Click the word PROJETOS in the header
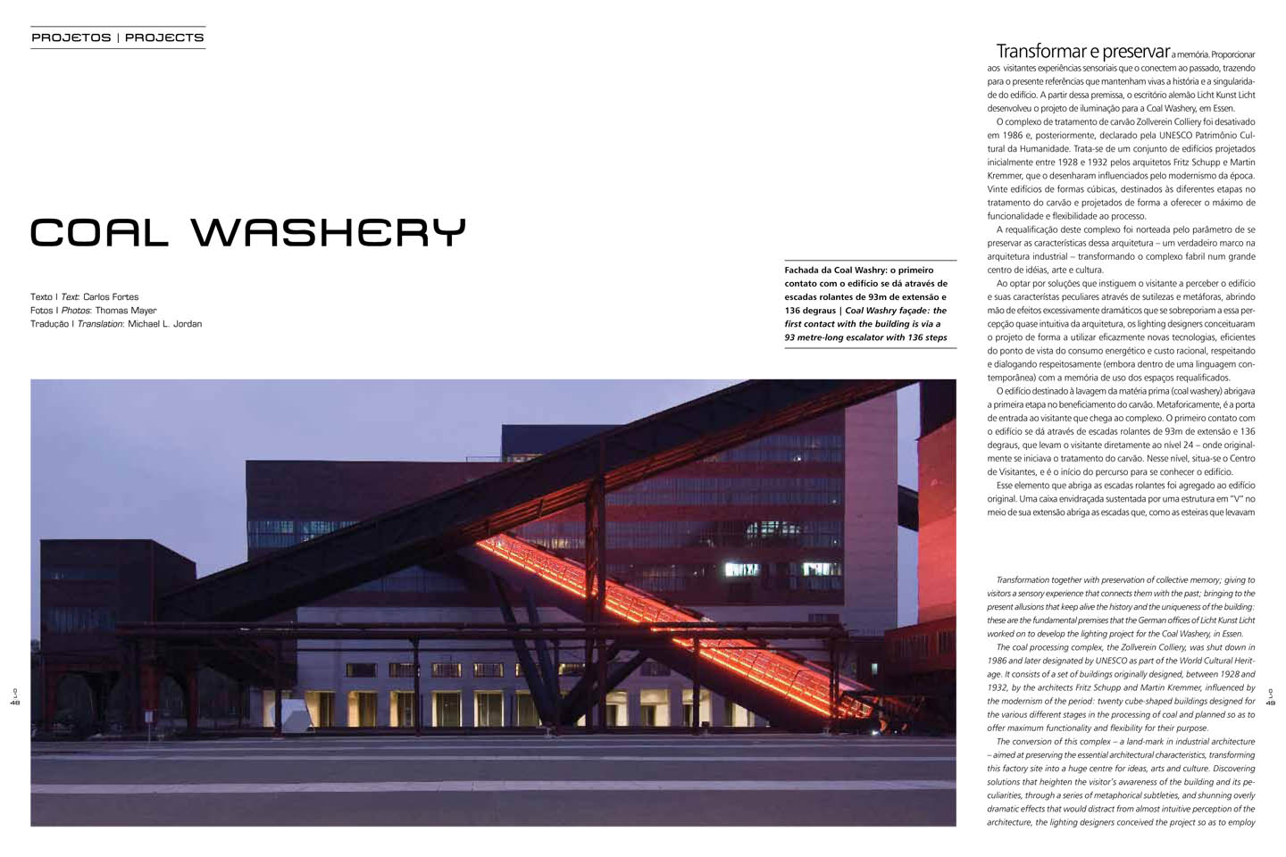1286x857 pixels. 71,37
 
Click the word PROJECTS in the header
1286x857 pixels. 164,37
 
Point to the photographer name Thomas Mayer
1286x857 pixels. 126,311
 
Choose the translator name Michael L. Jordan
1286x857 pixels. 165,324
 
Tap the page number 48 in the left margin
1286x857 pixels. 15,703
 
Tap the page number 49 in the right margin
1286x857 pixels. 1271,703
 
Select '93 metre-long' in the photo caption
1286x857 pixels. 816,337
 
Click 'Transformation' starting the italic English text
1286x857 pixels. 1025,580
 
